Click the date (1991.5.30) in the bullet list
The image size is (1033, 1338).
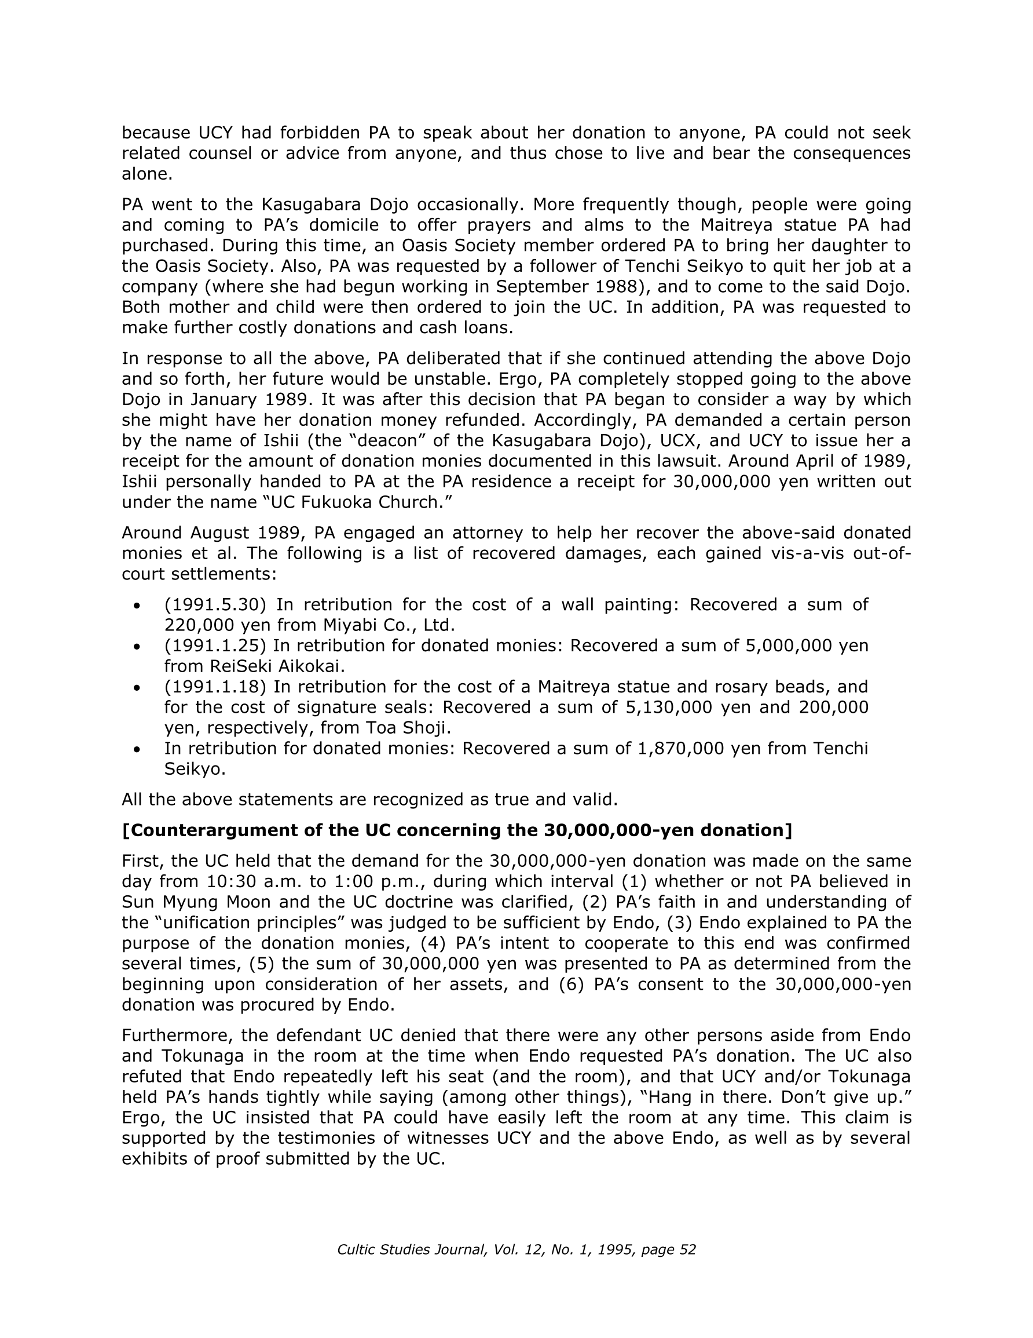pos(215,604)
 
